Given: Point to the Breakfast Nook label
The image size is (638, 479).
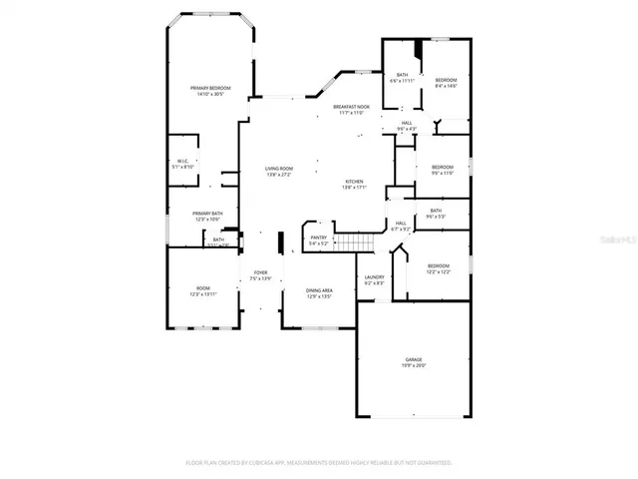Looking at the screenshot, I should tap(352, 109).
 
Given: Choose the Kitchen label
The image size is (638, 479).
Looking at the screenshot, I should tap(355, 183).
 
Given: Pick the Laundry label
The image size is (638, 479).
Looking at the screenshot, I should tap(374, 279).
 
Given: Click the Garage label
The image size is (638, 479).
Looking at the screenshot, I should tap(414, 362).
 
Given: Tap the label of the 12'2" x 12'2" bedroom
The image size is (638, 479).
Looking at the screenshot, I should tap(440, 268).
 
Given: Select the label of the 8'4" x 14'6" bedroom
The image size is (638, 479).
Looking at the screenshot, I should tap(445, 83).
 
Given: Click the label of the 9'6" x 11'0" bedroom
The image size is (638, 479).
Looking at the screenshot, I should tap(442, 170).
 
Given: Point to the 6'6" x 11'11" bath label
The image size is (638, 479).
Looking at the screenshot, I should tap(402, 78).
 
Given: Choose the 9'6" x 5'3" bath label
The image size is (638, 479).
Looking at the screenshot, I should tap(436, 214).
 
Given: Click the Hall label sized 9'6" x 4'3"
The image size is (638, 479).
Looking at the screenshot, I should tap(407, 126).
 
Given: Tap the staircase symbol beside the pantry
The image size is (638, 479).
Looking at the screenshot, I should tap(355, 242).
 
